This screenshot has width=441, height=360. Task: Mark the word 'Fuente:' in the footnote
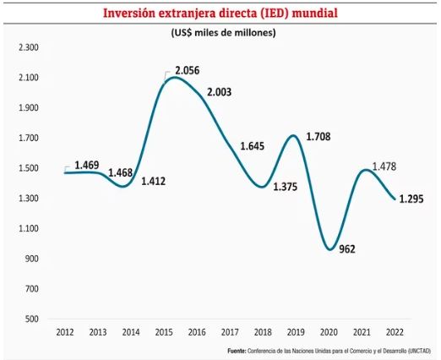240,351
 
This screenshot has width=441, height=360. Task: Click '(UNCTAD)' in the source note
417,351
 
